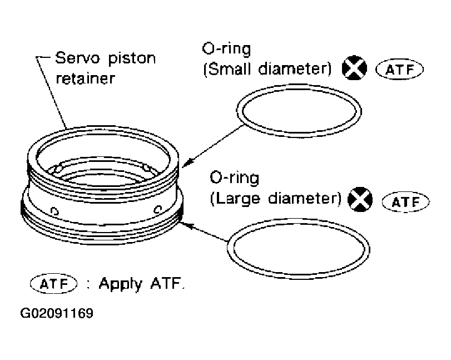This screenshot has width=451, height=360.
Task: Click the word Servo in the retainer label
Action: click(72, 58)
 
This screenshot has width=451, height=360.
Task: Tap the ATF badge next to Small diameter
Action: click(399, 70)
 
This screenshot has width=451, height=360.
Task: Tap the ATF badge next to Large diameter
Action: click(405, 201)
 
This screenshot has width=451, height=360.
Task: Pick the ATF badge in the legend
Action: click(52, 283)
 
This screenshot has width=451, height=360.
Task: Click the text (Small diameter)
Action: click(267, 70)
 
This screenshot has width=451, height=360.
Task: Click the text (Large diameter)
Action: click(275, 199)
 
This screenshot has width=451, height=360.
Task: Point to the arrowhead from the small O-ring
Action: click(187, 164)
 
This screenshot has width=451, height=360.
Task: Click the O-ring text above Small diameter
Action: click(226, 50)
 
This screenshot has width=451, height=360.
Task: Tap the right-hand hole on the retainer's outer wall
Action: click(158, 209)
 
